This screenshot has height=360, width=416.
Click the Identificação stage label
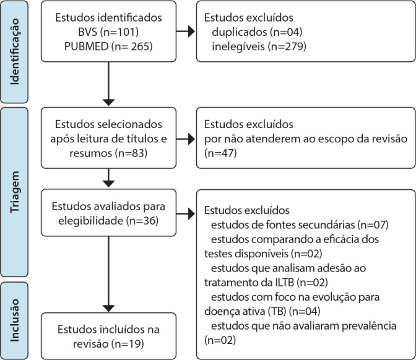[x=15, y=51]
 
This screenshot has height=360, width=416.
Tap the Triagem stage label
[x=15, y=192]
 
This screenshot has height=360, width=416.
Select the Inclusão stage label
[x=15, y=320]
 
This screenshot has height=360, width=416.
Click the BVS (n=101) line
[x=108, y=32]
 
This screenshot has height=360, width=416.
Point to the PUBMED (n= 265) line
[x=108, y=46]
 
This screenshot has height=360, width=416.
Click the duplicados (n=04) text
[x=257, y=32]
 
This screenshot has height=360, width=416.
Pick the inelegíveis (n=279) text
[x=259, y=46]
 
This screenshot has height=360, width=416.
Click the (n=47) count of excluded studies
[x=220, y=153]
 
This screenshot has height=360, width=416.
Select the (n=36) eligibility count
[x=142, y=221]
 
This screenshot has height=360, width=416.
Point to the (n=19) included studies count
[x=128, y=344]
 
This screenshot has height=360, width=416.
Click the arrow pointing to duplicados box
[x=186, y=32]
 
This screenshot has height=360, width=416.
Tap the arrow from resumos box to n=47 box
[x=186, y=139]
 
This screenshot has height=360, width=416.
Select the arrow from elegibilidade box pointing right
[x=186, y=213]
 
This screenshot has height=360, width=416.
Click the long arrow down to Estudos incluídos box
[x=108, y=274]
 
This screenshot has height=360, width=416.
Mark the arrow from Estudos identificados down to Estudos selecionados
[x=108, y=84]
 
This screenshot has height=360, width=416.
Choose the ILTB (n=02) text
[x=300, y=282]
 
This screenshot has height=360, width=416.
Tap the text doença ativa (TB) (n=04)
[x=262, y=311]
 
